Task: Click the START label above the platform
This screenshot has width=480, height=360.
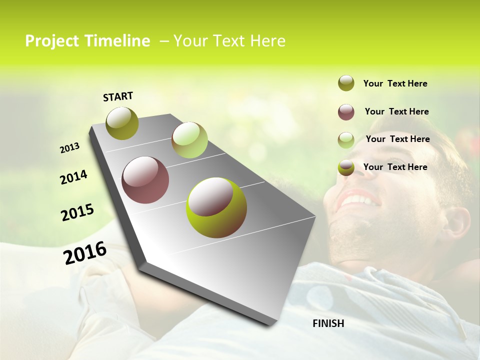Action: pos(118,96)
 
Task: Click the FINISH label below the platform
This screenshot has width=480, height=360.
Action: pos(328,323)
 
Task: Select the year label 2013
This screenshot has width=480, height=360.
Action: pos(69,148)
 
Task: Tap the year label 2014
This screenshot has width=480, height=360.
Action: pos(73,177)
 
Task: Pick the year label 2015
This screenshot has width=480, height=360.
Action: pos(77,212)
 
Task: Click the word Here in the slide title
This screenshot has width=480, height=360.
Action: pos(267,41)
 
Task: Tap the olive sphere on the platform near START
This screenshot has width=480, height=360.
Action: pos(122,123)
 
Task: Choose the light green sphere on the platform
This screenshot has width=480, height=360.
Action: pos(189,140)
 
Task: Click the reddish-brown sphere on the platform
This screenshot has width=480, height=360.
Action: pos(145,180)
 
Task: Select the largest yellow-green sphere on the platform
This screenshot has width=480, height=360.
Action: pos(216,207)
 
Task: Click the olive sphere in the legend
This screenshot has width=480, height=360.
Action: pos(346,83)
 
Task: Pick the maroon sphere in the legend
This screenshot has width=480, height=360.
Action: pos(346,112)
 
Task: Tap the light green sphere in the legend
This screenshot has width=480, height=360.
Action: pos(346,140)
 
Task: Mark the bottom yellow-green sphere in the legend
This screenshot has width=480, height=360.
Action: pos(346,168)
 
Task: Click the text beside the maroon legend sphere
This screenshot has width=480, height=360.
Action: pos(396,111)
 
